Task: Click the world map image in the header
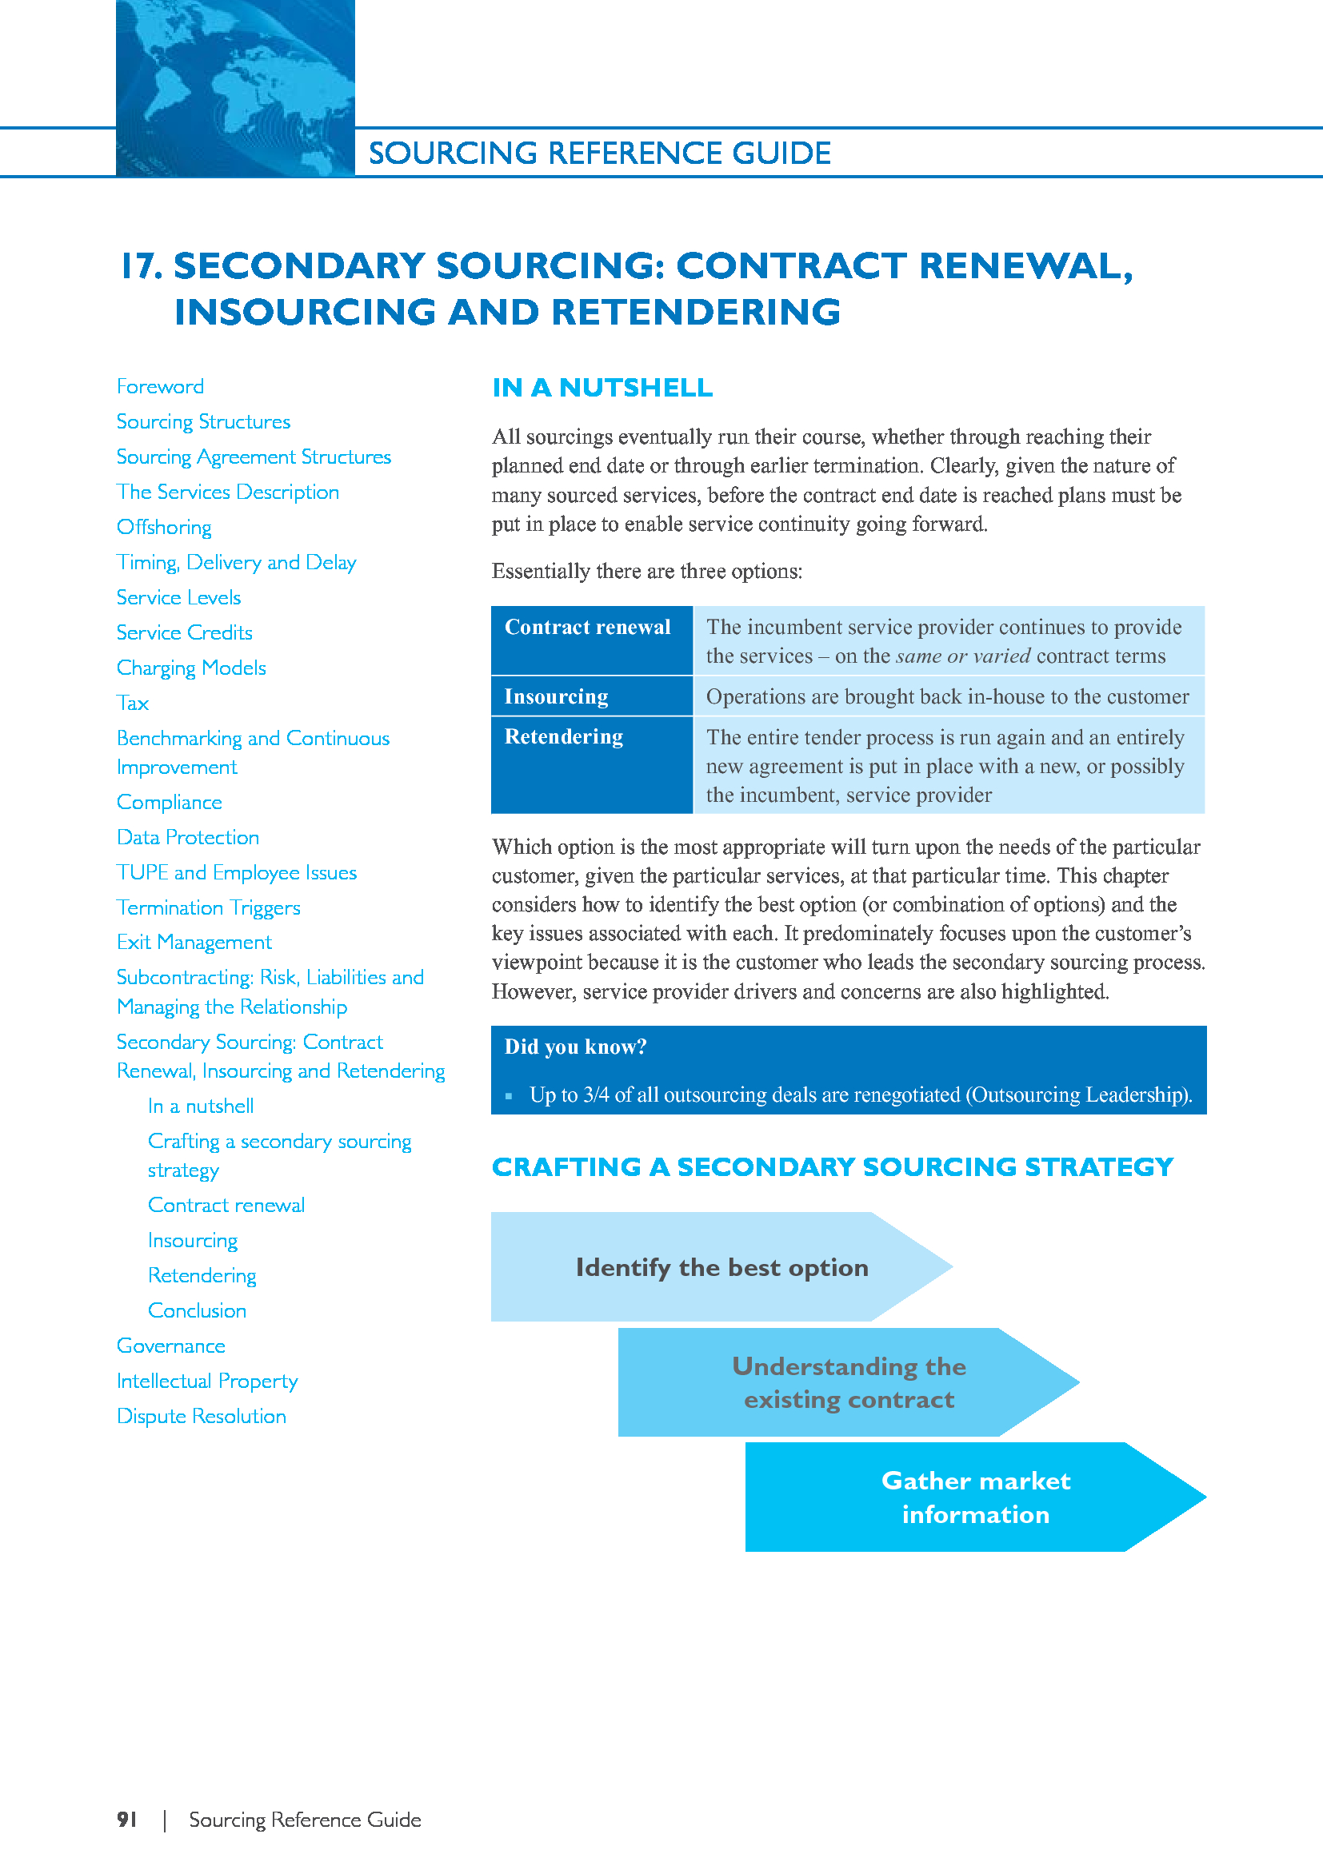(234, 88)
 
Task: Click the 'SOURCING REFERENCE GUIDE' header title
(600, 154)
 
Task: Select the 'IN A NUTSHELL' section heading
(602, 388)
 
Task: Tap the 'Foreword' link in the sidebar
(161, 386)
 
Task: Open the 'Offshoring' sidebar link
(164, 527)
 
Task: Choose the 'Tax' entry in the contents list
(133, 703)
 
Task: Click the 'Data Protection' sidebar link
(187, 837)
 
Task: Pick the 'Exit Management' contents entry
(194, 943)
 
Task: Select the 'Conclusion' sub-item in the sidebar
(197, 1310)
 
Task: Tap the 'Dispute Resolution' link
(202, 1417)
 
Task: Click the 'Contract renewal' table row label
(587, 627)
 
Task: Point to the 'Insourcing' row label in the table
(557, 696)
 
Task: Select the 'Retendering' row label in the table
(564, 736)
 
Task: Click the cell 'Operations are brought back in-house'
(946, 696)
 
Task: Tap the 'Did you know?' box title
(575, 1047)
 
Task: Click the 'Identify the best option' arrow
(721, 1266)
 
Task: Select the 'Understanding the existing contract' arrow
(848, 1382)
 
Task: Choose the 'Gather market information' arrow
(975, 1497)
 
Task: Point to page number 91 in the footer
(127, 1820)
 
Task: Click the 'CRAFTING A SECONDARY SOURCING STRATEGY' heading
(832, 1167)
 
